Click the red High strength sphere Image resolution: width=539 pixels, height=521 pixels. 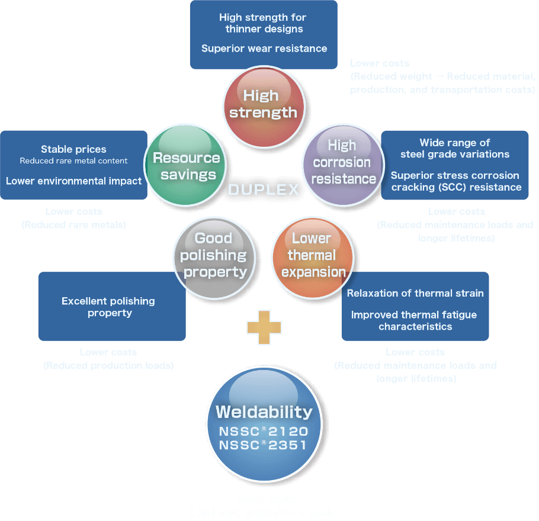(x=264, y=105)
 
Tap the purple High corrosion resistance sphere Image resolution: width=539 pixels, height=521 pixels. (x=344, y=163)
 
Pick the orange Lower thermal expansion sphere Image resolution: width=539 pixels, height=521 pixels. (x=313, y=256)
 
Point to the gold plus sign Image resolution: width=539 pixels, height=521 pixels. (x=264, y=327)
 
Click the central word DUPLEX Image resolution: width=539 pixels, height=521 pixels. (x=264, y=190)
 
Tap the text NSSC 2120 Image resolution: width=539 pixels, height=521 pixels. (x=264, y=431)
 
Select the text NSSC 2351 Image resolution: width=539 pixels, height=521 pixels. (x=264, y=445)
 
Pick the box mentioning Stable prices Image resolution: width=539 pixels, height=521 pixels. (x=73, y=165)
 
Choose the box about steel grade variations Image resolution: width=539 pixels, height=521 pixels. (x=455, y=165)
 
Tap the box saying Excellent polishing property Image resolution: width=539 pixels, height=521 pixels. (x=111, y=306)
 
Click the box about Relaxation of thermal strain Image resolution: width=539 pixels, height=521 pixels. (x=415, y=306)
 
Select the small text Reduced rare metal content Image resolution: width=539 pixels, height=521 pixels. (x=73, y=160)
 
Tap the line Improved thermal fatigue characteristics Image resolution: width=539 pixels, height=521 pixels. (x=414, y=320)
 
